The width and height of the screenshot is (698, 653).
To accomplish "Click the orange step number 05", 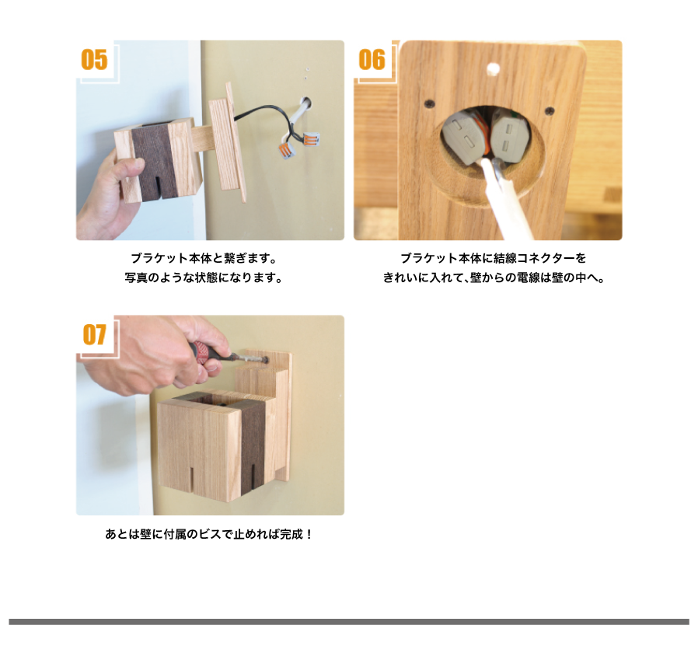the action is (94, 59).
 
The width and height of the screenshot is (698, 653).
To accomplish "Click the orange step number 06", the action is (372, 59).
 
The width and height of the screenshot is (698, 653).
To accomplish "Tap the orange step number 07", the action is (94, 334).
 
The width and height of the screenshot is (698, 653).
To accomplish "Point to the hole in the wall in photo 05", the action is (306, 103).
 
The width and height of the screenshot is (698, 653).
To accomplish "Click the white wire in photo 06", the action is (503, 201).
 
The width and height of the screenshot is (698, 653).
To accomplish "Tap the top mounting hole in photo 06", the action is (493, 68).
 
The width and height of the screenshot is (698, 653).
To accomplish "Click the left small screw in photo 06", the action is (429, 103).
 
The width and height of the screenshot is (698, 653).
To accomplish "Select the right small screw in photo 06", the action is (550, 110).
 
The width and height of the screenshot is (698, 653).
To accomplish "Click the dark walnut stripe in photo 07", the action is (253, 445).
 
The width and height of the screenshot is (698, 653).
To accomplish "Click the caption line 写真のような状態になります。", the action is (204, 278).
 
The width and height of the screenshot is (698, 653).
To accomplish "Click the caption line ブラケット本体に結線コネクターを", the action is (494, 258).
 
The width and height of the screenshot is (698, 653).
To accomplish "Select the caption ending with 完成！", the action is (209, 534).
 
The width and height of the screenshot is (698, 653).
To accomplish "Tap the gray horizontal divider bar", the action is (349, 622).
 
